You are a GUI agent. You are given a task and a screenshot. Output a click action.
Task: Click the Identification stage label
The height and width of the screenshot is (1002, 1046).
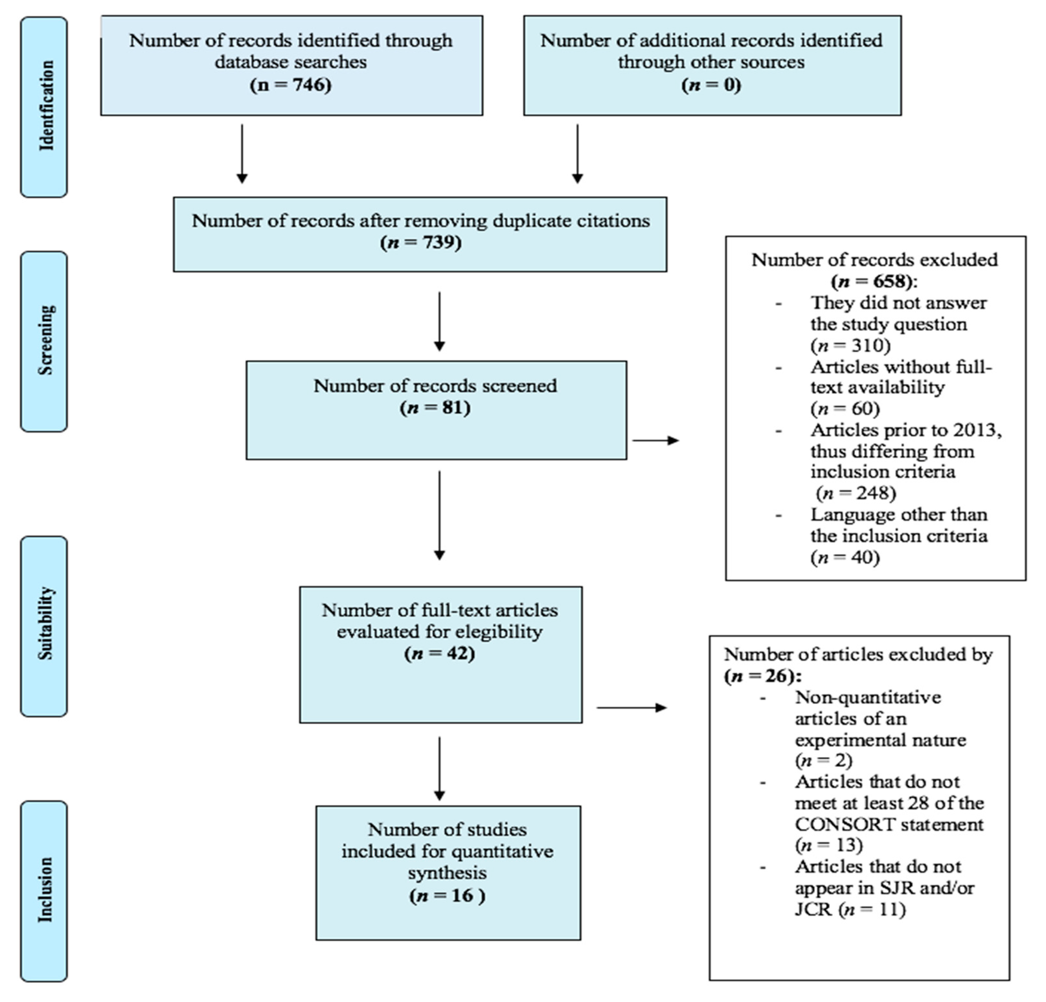(x=46, y=106)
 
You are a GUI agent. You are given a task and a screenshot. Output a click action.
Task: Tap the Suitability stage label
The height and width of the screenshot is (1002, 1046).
(x=46, y=623)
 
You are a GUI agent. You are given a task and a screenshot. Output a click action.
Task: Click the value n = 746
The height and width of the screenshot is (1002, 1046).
(x=291, y=84)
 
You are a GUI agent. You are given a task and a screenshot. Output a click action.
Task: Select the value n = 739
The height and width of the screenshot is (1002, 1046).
(x=421, y=242)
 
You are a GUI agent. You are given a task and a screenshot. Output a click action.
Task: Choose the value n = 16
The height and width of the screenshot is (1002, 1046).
(x=447, y=895)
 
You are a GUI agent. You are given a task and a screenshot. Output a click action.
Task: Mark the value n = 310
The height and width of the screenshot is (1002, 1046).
(x=851, y=345)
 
